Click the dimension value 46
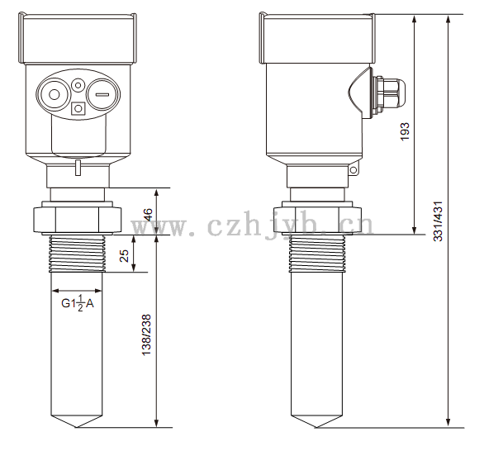pos(148,214)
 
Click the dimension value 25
pos(125,256)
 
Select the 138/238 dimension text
pos(146,335)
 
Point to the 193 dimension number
pos(406,131)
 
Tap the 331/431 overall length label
pos(438,221)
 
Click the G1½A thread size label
pos(78,303)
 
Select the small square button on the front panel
pos(78,108)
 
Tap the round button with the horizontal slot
pos(102,95)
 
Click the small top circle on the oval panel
pos(78,85)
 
